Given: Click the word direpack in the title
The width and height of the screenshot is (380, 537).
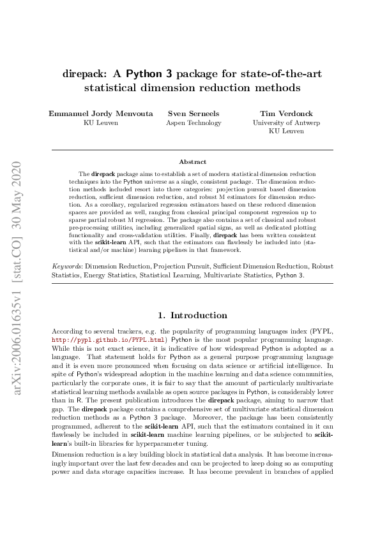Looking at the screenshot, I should (85, 74).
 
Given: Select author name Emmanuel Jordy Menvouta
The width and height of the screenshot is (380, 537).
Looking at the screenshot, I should (100, 114).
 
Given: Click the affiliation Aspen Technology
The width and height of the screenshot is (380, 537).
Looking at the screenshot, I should (193, 123).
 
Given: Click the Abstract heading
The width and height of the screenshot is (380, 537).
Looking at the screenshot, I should (192, 162).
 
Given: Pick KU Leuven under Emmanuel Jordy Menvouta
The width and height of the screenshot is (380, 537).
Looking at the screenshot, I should (100, 123).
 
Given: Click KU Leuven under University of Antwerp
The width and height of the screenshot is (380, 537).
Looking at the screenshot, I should (286, 131).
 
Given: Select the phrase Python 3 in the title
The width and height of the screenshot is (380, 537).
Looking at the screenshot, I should (151, 74).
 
